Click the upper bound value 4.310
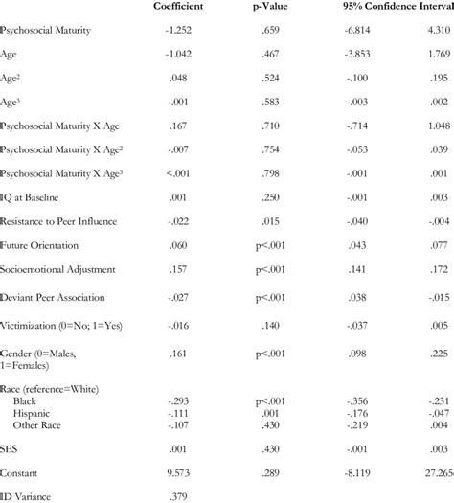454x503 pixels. (x=436, y=32)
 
